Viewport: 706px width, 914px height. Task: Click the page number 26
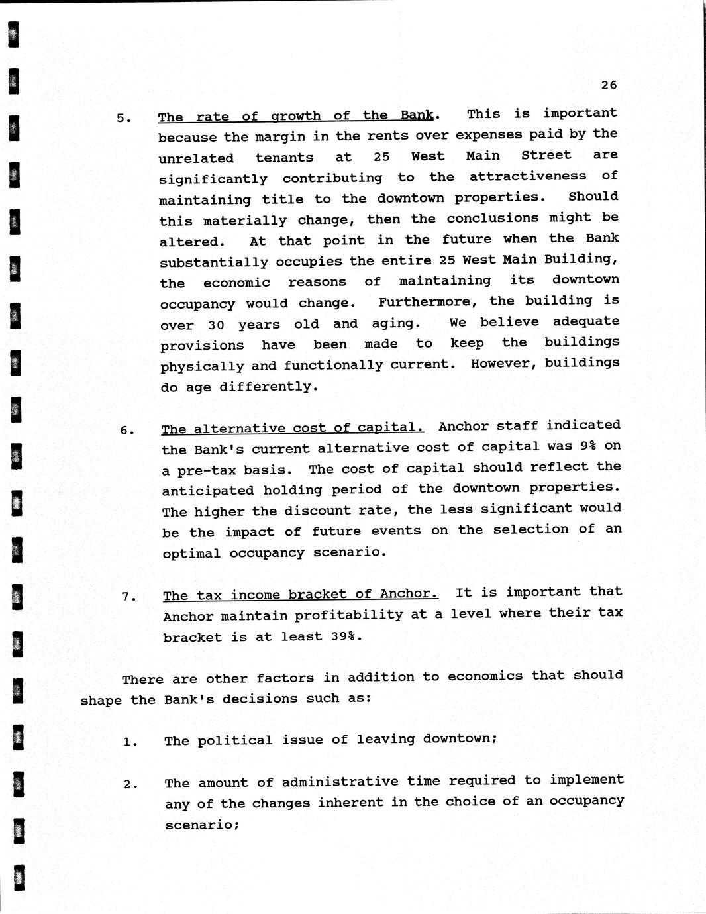pos(609,85)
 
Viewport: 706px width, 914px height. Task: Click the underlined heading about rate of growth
pos(295,116)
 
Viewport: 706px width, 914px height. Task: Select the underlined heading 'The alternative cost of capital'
pos(291,428)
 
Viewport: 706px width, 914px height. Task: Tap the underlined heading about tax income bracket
pos(300,595)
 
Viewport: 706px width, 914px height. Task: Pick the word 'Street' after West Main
pos(546,155)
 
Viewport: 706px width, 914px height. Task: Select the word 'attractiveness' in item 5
pos(527,176)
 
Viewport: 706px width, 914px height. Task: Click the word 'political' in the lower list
pos(235,740)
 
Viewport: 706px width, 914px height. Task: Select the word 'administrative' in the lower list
pos(340,782)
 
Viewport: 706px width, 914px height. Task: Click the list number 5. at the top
pos(124,119)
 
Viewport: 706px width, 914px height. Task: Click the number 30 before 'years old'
pos(216,325)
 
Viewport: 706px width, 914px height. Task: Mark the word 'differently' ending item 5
pos(268,386)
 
